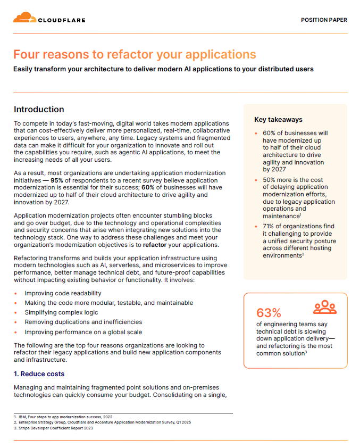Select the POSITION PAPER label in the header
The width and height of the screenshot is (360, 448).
tap(324, 20)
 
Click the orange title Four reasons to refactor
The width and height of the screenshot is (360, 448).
tap(135, 54)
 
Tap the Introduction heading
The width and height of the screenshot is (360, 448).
tap(39, 110)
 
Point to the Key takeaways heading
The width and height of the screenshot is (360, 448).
tap(278, 120)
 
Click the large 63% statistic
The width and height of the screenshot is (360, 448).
tap(269, 312)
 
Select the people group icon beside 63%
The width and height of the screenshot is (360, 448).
tap(324, 308)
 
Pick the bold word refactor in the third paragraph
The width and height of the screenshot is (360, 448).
tap(157, 245)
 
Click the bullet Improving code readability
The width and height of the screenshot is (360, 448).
tap(63, 293)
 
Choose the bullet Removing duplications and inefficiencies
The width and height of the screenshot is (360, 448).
tap(83, 322)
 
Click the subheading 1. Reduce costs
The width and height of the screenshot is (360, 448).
tap(39, 374)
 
